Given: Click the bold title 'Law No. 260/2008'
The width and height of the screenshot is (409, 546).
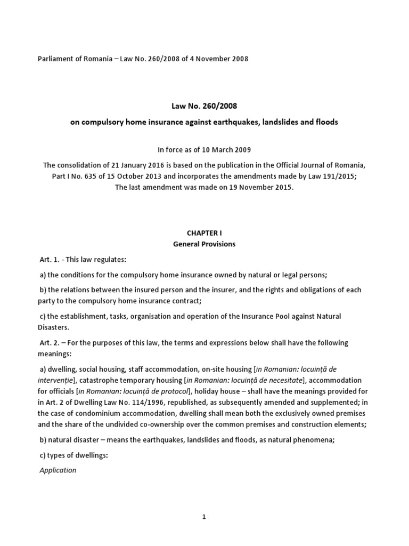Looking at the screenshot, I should click(x=204, y=106).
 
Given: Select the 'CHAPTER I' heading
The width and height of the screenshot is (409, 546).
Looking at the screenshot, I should click(x=204, y=233).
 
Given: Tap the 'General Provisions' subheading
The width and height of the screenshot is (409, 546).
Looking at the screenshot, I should click(x=204, y=244).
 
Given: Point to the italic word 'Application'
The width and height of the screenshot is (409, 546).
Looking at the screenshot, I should click(x=58, y=470).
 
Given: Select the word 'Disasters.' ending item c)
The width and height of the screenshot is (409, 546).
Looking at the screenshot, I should click(x=56, y=327).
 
